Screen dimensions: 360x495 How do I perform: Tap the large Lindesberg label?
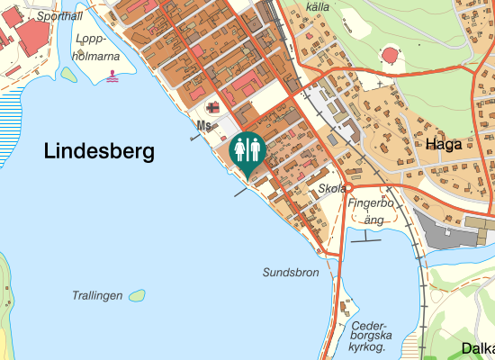pyautogui.click(x=99, y=152)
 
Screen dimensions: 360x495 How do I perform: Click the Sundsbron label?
pyautogui.click(x=291, y=272)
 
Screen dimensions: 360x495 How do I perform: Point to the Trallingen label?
pyautogui.click(x=96, y=295)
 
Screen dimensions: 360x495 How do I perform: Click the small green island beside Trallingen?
pyautogui.click(x=137, y=295)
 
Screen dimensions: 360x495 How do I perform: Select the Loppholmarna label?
pyautogui.click(x=98, y=47)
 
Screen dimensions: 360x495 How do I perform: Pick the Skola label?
pyautogui.click(x=332, y=189)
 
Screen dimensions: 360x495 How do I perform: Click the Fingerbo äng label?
pyautogui.click(x=371, y=211)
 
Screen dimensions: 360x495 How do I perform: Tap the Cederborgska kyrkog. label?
pyautogui.click(x=368, y=336)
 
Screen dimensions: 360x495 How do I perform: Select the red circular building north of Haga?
pyautogui.click(x=391, y=56)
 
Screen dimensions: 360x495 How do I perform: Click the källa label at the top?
pyautogui.click(x=318, y=6)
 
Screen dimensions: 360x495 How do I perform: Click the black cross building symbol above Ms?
pyautogui.click(x=212, y=107)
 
